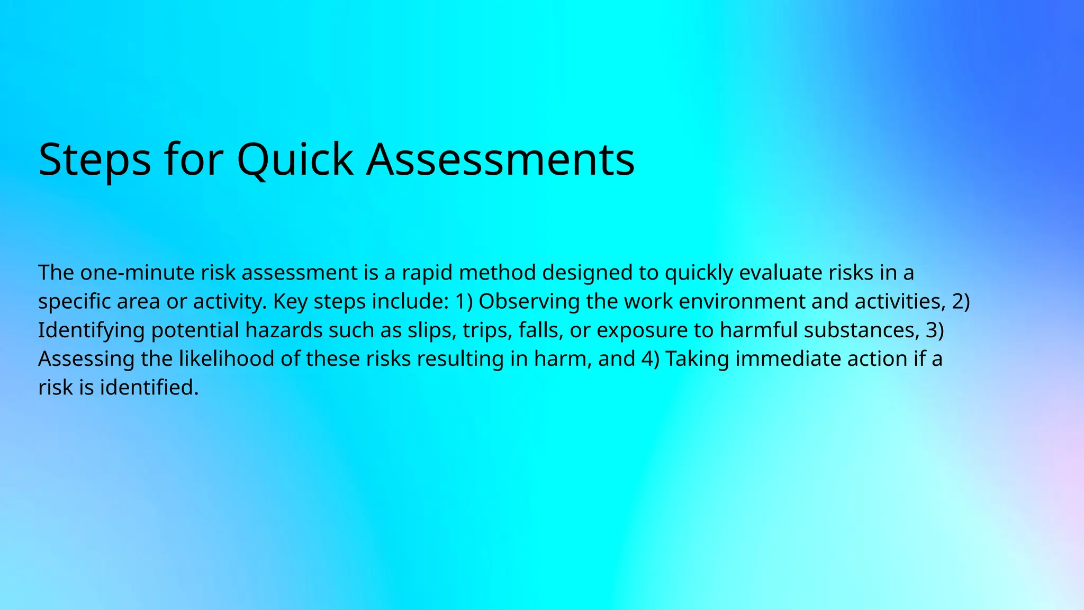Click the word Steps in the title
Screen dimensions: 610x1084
click(x=94, y=160)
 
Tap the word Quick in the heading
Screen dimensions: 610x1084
click(x=294, y=160)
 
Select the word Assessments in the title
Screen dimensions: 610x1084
click(x=500, y=160)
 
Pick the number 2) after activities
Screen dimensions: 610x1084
click(x=961, y=301)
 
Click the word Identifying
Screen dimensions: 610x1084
click(x=91, y=330)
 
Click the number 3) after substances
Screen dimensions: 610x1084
click(x=935, y=330)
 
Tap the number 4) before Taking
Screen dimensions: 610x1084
click(x=650, y=359)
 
